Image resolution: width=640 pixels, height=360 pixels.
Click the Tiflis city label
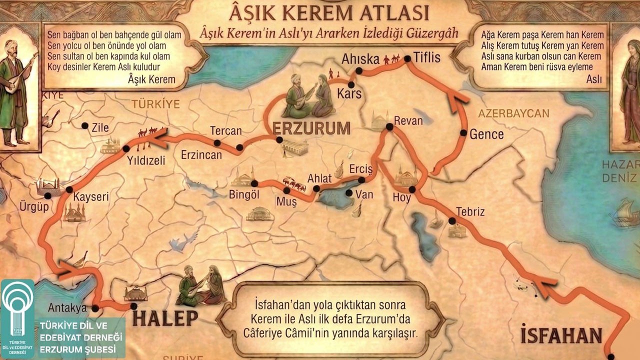click(x=427, y=58)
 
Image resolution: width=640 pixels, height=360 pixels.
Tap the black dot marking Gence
click(x=463, y=133)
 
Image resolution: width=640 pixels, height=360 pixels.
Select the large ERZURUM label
click(x=311, y=128)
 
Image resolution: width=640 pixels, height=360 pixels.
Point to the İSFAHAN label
click(x=561, y=334)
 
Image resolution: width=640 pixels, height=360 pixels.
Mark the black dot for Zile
click(x=85, y=126)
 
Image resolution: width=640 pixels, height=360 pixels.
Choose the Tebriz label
click(x=470, y=211)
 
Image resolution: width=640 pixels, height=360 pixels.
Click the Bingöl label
click(x=244, y=194)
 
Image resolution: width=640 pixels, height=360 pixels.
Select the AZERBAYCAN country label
click(x=513, y=113)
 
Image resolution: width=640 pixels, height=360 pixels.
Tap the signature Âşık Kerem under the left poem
click(x=151, y=79)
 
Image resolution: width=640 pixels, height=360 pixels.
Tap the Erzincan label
click(x=201, y=155)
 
